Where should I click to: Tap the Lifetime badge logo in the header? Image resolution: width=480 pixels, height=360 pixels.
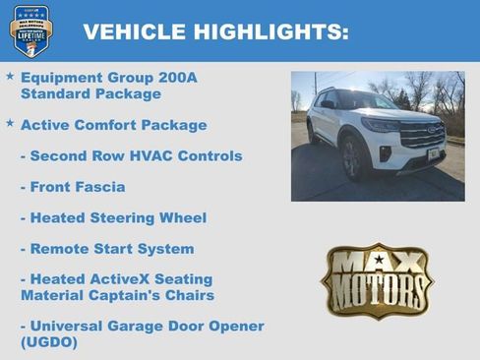(30, 30)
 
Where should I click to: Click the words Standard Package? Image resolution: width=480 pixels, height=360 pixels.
(90, 94)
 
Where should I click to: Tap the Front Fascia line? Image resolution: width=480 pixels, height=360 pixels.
(73, 187)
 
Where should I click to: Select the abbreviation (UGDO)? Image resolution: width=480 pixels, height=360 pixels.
(48, 342)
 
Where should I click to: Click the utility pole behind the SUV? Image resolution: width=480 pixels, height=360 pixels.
(315, 89)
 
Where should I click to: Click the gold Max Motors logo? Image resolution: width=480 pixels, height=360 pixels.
(377, 280)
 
